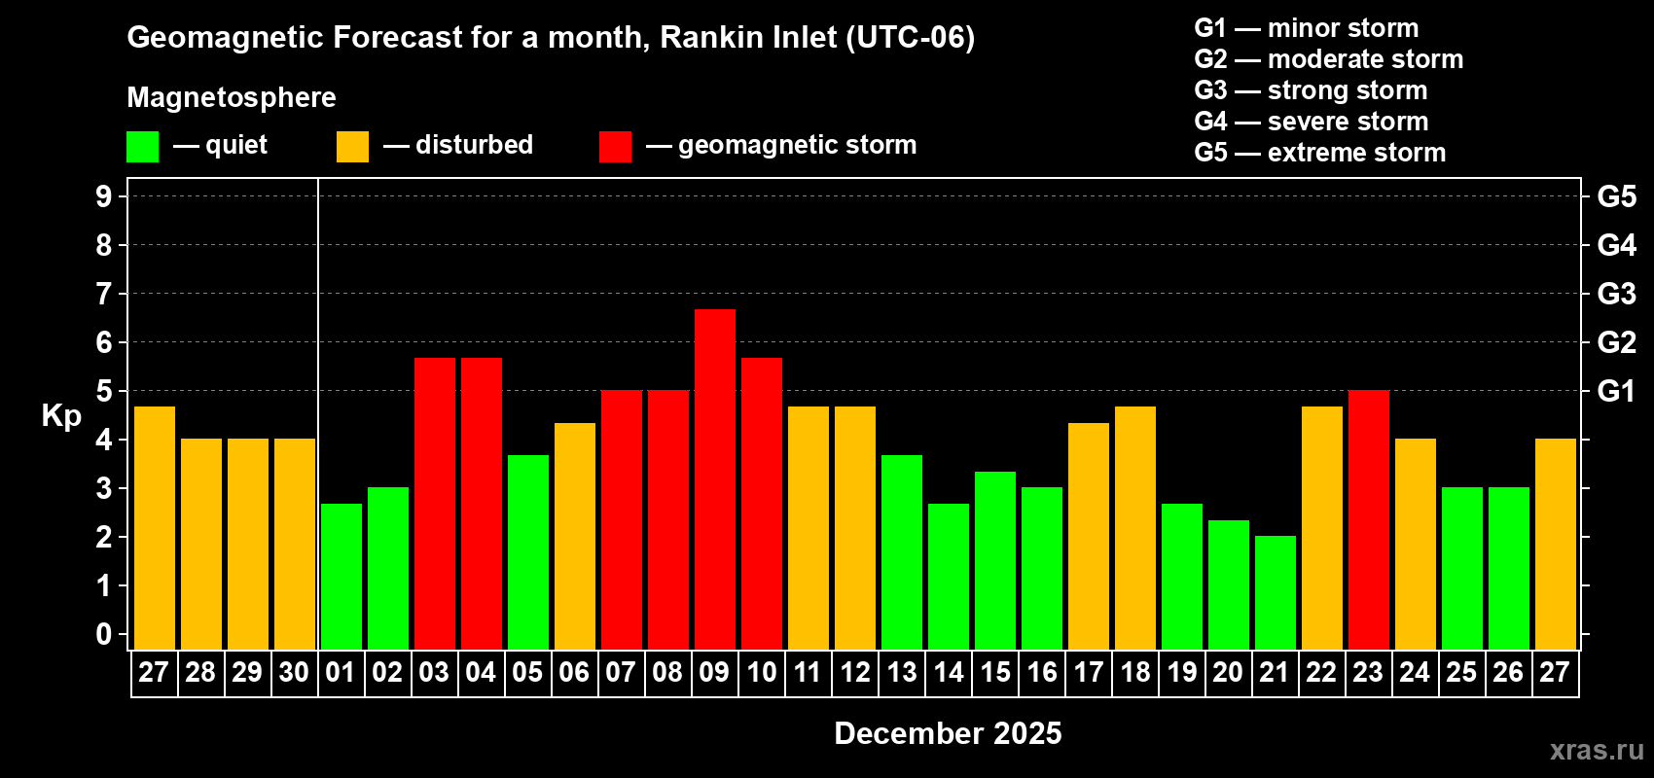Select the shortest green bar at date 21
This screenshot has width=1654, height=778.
coord(1276,592)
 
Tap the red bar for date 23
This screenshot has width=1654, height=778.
coord(1369,519)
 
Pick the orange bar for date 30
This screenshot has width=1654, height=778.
coord(295,544)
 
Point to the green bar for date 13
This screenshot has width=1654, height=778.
coord(902,551)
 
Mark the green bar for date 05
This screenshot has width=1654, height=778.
coord(528,551)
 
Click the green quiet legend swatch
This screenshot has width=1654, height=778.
coord(142,147)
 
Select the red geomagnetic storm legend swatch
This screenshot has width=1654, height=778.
coord(615,147)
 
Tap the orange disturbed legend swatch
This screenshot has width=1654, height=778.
coord(352,147)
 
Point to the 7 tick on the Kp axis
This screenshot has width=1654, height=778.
coord(104,294)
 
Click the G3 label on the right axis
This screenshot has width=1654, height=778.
coord(1616,294)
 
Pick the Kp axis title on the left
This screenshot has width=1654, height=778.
coord(61,416)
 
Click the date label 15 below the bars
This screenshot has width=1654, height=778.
coord(995,673)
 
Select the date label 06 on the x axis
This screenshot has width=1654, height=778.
coord(574,673)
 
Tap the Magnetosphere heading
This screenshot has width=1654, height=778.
coord(232,97)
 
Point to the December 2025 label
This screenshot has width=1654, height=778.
coord(948,733)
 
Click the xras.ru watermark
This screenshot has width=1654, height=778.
coord(1597,750)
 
